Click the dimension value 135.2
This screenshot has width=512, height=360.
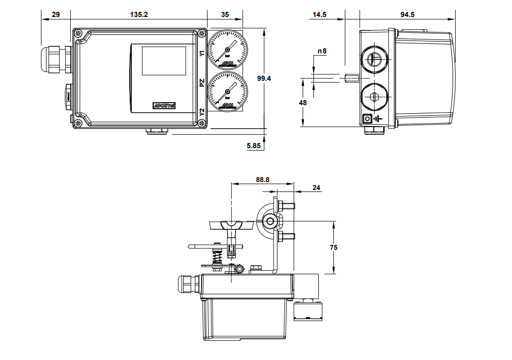(x=139, y=15)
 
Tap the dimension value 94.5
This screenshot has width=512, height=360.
(x=407, y=15)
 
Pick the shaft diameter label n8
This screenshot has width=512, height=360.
(x=322, y=51)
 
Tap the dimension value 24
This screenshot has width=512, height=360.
(x=316, y=188)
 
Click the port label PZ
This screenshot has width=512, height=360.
(x=202, y=82)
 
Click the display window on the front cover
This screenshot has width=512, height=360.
(x=164, y=61)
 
